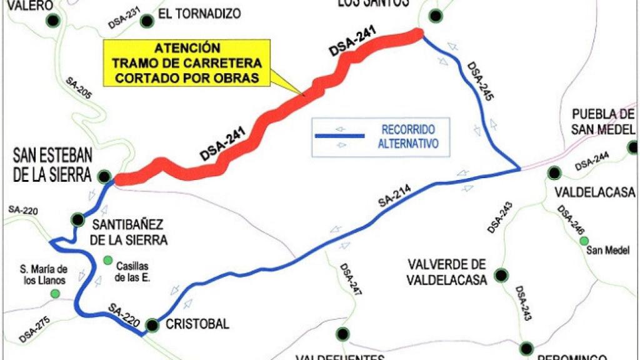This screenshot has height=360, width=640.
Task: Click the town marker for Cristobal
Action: tap(152, 324)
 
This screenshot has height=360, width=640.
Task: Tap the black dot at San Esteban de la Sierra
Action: tap(104, 177)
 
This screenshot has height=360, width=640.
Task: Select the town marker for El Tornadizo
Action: tap(147, 21)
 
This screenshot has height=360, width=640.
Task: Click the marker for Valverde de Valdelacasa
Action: tap(501, 274)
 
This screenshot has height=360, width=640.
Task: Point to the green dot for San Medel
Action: tap(584, 241)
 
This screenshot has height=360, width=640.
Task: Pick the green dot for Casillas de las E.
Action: tap(107, 260)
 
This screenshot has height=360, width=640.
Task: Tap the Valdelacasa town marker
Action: tap(554, 172)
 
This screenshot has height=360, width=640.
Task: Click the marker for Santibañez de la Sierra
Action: tap(77, 219)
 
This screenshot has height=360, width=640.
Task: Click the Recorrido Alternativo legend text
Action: tap(409, 136)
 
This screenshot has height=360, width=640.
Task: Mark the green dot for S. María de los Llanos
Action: tap(56, 293)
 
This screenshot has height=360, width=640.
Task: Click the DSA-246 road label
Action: tap(570, 221)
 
